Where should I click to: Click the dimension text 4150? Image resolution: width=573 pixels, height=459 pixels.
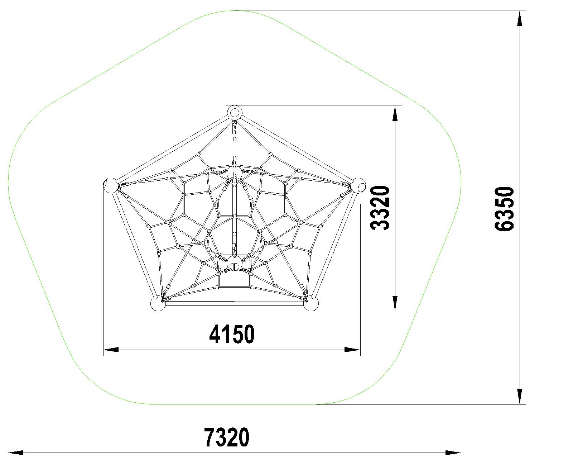tap(232, 335)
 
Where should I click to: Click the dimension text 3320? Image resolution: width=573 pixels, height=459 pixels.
tap(380, 208)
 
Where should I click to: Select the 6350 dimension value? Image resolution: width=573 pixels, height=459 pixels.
tap(504, 209)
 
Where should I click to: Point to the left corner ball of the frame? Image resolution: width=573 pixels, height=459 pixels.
tap(110, 185)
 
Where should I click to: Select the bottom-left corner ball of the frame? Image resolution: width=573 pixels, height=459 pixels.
tap(158, 303)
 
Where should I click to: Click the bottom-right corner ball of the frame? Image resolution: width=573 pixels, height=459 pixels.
tap(311, 303)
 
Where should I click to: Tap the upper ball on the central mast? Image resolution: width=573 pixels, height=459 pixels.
tap(234, 173)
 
